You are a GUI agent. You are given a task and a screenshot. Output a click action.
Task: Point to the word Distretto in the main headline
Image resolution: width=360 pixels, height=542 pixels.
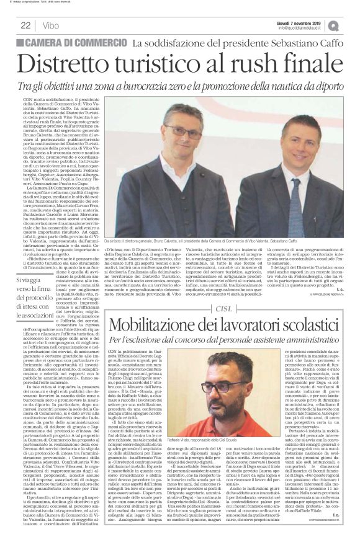click(73, 63)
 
